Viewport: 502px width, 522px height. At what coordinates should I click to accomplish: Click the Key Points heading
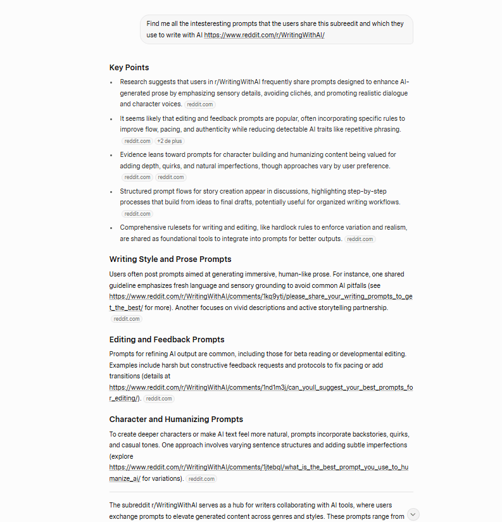(x=129, y=68)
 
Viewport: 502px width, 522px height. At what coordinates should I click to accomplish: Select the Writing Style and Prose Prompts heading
(x=170, y=259)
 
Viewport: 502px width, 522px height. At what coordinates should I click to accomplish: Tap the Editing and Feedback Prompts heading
(x=166, y=340)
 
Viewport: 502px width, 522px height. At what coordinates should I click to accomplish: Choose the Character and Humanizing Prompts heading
(x=176, y=419)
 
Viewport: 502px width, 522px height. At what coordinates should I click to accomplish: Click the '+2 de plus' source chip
(x=170, y=141)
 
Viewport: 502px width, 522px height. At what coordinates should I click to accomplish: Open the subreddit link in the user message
(x=264, y=35)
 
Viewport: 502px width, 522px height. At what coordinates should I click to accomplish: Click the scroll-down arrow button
(x=413, y=514)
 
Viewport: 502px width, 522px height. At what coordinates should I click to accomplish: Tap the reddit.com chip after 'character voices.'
(x=200, y=104)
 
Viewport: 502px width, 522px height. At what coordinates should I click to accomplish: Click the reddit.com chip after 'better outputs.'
(x=360, y=239)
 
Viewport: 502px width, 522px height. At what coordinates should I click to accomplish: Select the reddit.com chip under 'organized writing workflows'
(x=137, y=214)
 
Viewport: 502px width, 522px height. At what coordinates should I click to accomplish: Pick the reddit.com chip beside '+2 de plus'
(x=137, y=141)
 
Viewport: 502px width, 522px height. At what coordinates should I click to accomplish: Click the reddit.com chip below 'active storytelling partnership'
(x=127, y=319)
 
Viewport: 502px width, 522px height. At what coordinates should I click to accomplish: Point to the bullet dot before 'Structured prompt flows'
(x=111, y=191)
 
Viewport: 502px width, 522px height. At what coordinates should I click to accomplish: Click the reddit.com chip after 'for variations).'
(x=201, y=479)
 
